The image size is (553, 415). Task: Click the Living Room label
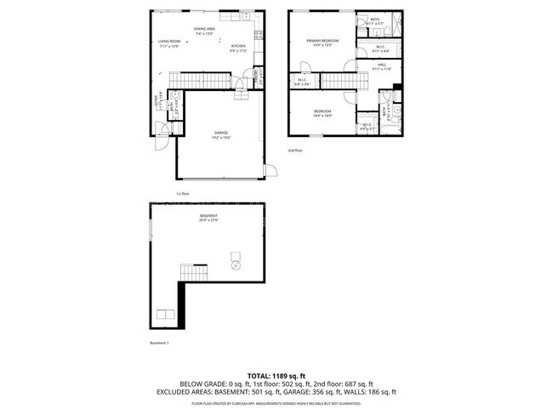[x=168, y=43]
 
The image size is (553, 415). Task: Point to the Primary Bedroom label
[x=322, y=42]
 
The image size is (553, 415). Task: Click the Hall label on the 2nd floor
[x=382, y=66]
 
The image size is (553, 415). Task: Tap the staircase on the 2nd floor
[x=335, y=81]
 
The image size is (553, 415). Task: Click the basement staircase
[x=193, y=273]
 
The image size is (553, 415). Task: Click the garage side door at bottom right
[x=271, y=173]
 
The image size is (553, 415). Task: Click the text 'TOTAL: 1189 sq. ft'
[x=276, y=374]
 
